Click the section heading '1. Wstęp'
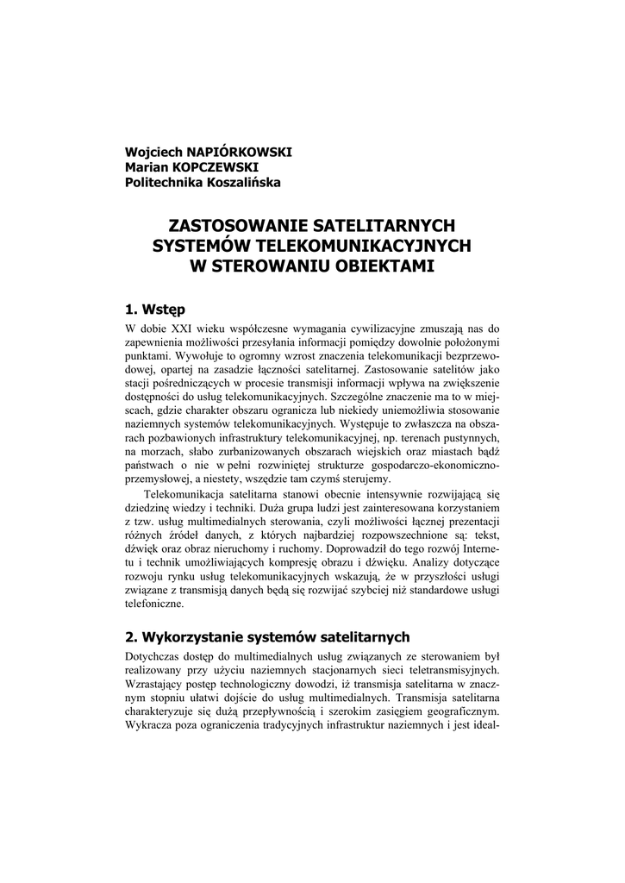coord(155,308)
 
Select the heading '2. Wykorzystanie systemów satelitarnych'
coord(266,638)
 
